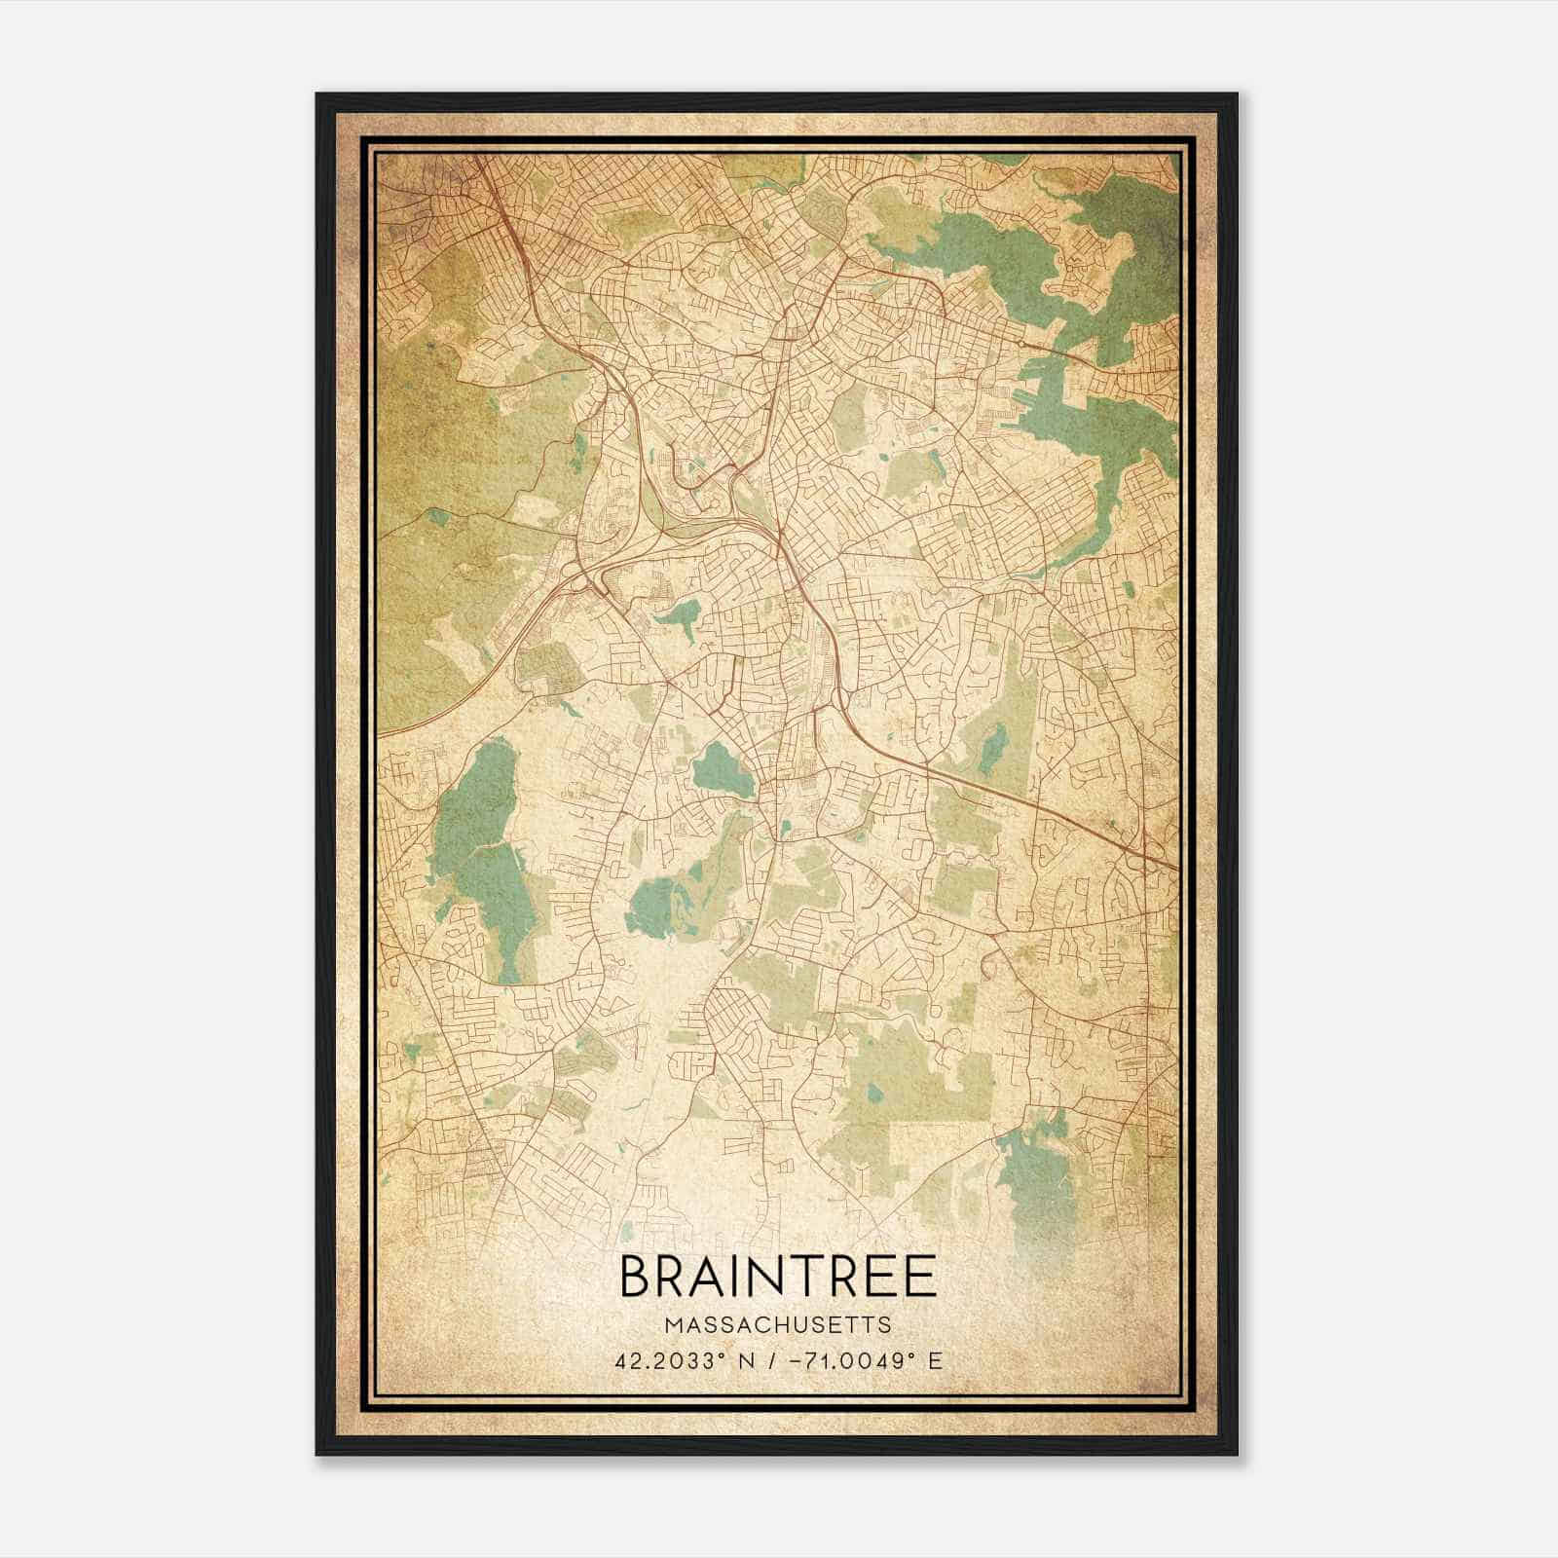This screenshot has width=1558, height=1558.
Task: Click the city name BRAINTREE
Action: tap(777, 1277)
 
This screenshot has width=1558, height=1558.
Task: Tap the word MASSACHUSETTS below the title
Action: tap(777, 1325)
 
